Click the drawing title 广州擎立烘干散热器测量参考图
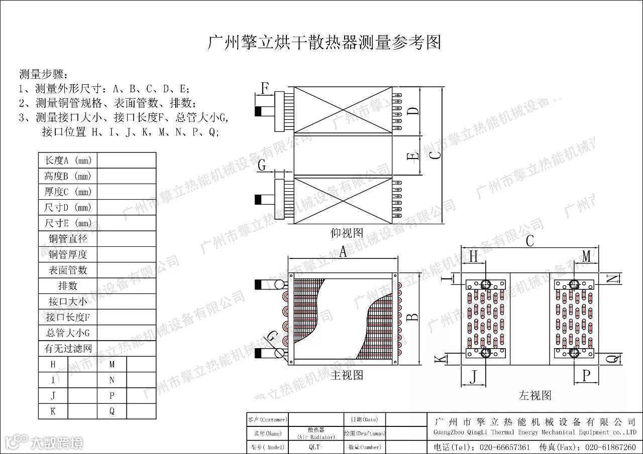(x=324, y=43)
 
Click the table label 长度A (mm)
(x=68, y=161)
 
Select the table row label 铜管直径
(x=68, y=239)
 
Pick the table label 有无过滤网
(x=68, y=348)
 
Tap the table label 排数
(x=68, y=286)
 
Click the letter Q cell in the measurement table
(x=112, y=411)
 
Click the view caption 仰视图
(x=347, y=233)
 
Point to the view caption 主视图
(x=347, y=375)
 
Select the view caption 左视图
(x=535, y=395)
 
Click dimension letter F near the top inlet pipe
(x=265, y=88)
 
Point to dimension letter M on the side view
(x=586, y=256)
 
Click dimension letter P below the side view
(x=586, y=375)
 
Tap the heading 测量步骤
(x=42, y=74)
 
